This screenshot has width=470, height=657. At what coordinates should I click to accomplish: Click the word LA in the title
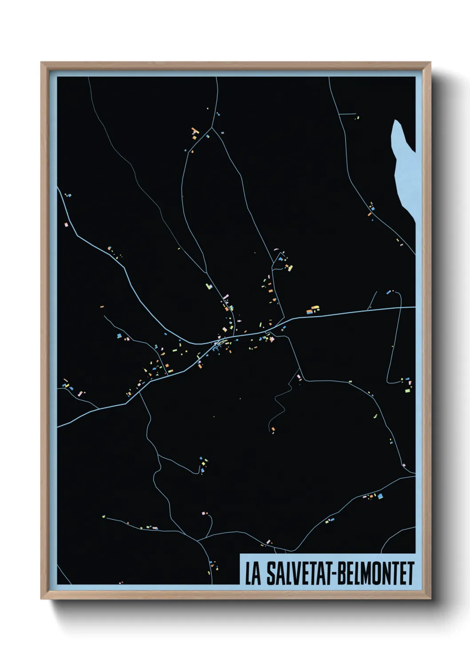point(252,574)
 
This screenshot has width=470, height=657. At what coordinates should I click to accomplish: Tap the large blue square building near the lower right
point(380,496)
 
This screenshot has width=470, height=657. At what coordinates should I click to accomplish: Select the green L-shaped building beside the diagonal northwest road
point(208,286)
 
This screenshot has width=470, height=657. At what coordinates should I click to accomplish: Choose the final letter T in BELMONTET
point(410,574)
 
